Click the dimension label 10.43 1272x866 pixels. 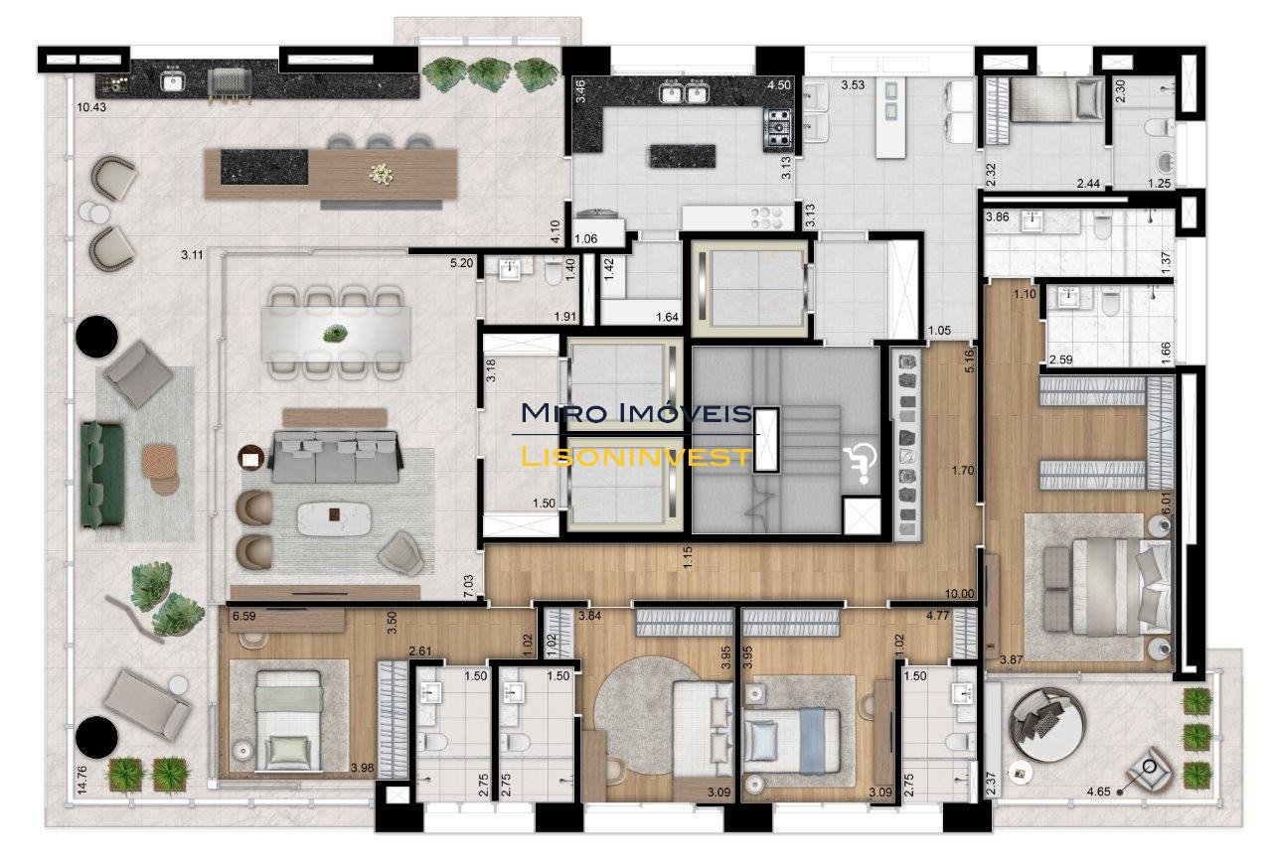(x=91, y=106)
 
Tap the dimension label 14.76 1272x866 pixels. (x=81, y=780)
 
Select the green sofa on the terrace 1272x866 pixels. (x=102, y=475)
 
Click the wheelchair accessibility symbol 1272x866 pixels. (x=860, y=463)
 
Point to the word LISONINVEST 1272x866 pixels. (x=635, y=456)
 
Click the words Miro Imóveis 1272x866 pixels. (x=636, y=412)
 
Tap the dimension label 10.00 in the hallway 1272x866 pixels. (x=959, y=594)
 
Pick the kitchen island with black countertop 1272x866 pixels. (x=682, y=156)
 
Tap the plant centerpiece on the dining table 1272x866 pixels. (x=335, y=333)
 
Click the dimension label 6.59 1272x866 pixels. (x=244, y=616)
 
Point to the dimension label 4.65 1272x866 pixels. (x=1098, y=792)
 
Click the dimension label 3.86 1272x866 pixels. (x=997, y=216)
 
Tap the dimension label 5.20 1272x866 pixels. (x=461, y=263)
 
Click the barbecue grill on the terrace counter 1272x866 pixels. (x=230, y=85)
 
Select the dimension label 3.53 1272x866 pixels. (x=853, y=85)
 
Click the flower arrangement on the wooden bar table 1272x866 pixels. (x=382, y=174)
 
